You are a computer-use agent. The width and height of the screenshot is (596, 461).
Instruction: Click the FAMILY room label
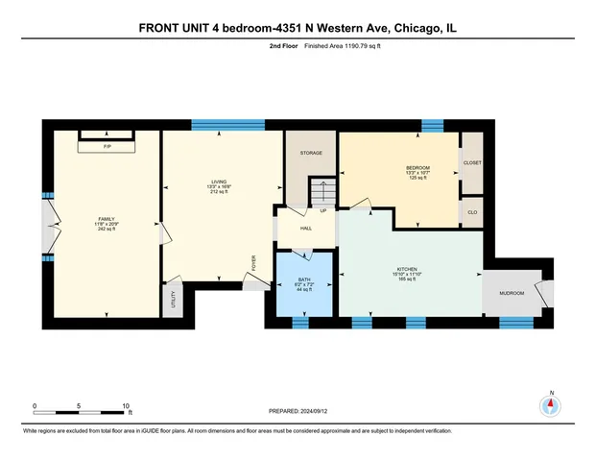tap(105, 218)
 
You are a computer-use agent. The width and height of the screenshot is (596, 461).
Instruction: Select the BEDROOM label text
tap(417, 167)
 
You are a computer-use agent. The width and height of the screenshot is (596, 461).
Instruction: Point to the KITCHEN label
tap(410, 269)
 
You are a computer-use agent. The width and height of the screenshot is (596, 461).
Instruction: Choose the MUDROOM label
tap(511, 293)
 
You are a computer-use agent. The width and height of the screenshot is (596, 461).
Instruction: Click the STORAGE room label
tap(309, 154)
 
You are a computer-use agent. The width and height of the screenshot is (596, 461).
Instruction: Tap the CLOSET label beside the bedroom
tap(472, 163)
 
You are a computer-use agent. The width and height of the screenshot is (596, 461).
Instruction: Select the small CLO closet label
tap(472, 211)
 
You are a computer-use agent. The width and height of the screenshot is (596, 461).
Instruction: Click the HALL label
tap(305, 229)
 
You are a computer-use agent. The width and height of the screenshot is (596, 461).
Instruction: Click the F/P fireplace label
tap(107, 146)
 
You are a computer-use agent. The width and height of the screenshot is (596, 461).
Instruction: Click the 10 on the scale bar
tap(126, 405)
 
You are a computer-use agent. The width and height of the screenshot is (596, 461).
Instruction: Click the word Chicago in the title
tap(410, 29)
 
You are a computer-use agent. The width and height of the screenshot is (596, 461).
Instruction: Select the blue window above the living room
tap(227, 125)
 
